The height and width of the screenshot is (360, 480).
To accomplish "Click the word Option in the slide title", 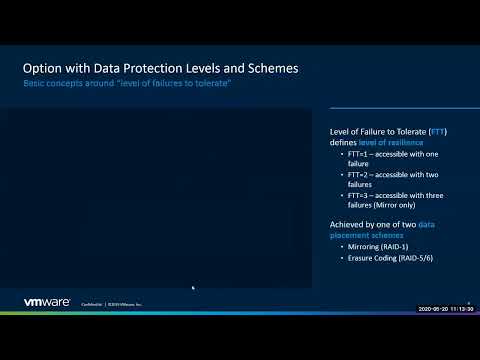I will coord(45,68).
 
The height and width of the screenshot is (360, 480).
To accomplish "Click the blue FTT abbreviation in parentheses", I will coord(437,132).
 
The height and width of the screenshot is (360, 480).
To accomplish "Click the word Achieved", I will coord(348,224).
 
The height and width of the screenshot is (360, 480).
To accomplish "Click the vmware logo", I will coord(46,302).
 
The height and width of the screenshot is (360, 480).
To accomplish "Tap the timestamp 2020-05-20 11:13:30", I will coord(446,310).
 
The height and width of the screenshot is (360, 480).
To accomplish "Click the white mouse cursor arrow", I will coord(193,288).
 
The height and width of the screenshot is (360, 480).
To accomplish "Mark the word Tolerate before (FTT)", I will coord(406,132).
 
